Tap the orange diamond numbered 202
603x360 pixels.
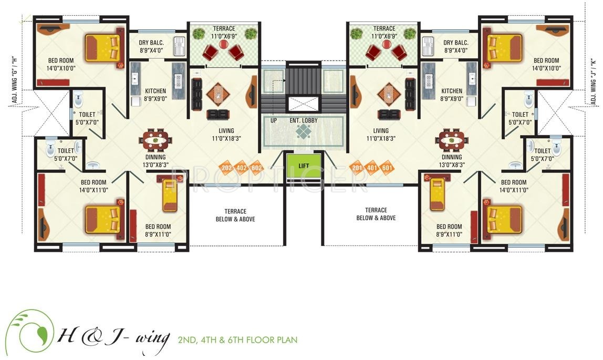click(227, 168)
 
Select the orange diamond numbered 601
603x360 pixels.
click(387, 168)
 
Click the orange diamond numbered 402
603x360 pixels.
click(242, 168)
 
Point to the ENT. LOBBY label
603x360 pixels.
click(304, 120)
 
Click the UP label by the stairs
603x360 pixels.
click(274, 120)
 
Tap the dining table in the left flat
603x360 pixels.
click(155, 140)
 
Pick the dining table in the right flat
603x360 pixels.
click(451, 140)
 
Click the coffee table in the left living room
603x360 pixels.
click(217, 94)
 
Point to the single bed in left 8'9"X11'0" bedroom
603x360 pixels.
click(170, 196)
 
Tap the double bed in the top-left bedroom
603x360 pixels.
click(103, 48)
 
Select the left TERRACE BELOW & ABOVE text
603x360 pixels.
click(235, 214)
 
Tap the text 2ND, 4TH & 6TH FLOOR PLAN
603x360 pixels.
click(237, 340)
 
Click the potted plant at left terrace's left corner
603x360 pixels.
click(199, 34)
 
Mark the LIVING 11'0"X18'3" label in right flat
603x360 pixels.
click(381, 135)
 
